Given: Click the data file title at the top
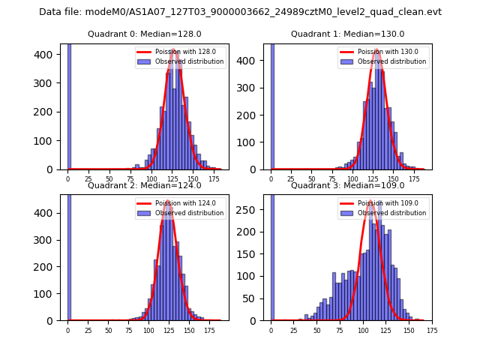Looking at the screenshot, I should tap(240, 12).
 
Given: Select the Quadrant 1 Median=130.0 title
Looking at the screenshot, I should tap(348, 34).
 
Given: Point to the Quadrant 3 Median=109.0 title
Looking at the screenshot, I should tap(348, 185).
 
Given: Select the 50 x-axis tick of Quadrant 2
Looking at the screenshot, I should tap(109, 329).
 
